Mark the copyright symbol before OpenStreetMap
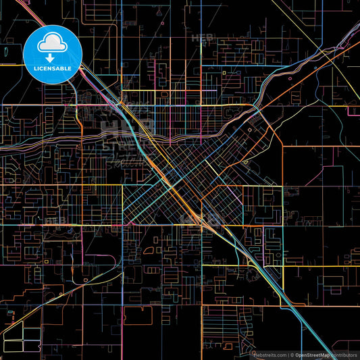tap(292, 354)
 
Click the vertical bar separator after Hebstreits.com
tap(287, 354)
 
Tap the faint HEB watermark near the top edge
tap(201, 38)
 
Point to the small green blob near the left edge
tap(5, 50)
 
